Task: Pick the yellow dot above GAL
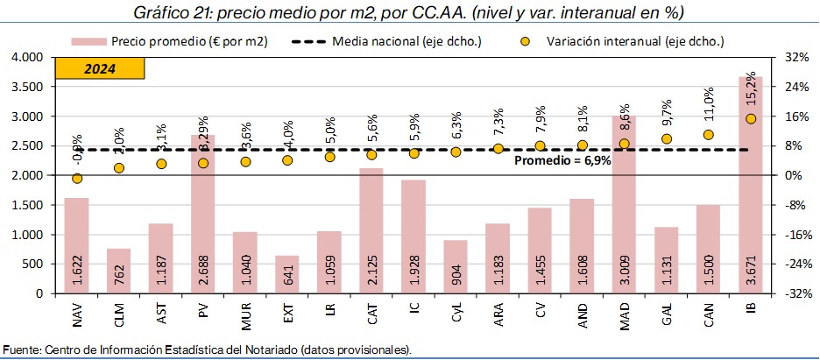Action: point(667,138)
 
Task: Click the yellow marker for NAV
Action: point(77,179)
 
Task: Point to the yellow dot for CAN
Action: point(709,135)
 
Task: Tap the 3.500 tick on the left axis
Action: point(30,87)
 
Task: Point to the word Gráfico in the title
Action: point(162,12)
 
